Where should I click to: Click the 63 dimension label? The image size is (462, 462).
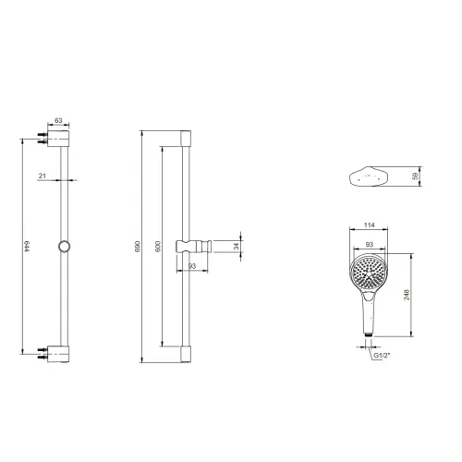[x=58, y=120]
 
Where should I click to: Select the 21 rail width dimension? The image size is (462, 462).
[x=43, y=176]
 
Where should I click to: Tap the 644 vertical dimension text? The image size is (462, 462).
[x=27, y=246]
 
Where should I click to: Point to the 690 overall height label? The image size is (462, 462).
[x=138, y=246]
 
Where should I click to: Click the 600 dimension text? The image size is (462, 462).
[x=158, y=247]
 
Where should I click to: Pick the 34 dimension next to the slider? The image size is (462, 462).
[x=237, y=246]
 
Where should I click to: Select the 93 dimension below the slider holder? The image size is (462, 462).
[x=192, y=266]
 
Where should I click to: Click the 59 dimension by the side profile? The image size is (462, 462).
[x=416, y=176]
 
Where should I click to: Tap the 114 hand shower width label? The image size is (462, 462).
[x=369, y=225]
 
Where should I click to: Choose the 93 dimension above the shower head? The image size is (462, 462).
[x=369, y=245]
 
